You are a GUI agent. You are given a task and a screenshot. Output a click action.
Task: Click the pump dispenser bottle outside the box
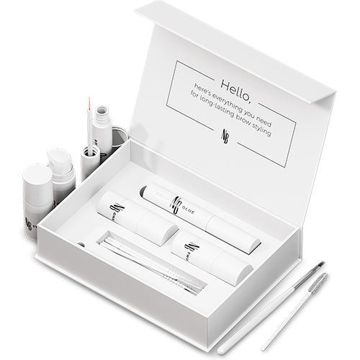(x=60, y=170)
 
